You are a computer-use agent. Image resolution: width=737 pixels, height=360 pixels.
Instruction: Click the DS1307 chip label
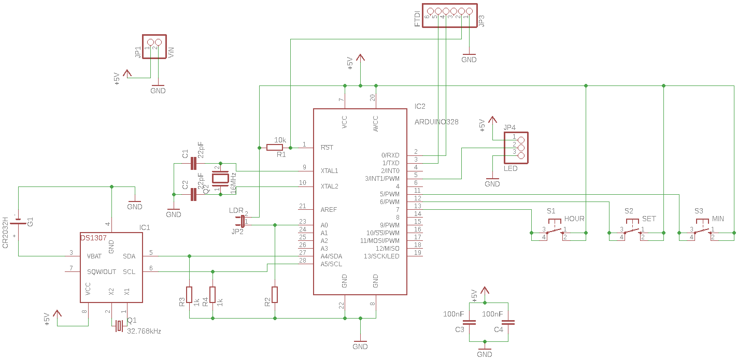point(93,238)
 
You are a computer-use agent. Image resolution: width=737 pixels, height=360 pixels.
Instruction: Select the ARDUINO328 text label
point(436,122)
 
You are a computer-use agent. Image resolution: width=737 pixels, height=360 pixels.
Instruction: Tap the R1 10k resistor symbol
point(275,148)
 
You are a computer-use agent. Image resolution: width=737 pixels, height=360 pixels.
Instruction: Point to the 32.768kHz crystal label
point(144,331)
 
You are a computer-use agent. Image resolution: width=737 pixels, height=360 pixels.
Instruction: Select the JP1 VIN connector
point(154,42)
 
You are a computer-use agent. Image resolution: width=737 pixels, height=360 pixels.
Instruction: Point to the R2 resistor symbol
point(275,294)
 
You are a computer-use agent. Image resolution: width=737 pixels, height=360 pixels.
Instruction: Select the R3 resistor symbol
point(190,294)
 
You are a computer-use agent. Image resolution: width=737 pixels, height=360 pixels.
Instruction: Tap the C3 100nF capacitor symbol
point(470,322)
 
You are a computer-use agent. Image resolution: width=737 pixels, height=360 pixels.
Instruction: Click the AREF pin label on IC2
point(329,210)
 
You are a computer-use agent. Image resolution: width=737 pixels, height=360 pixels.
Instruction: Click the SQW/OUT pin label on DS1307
point(102,272)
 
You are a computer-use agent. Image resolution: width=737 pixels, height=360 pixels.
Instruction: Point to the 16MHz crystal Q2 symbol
point(221,179)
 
